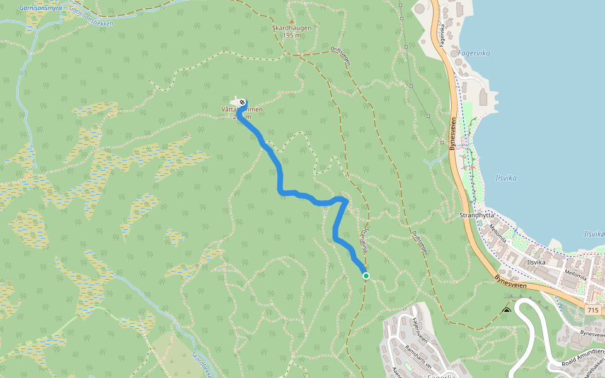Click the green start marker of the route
(366, 275)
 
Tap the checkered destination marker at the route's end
(243, 101)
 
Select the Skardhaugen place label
(291, 28)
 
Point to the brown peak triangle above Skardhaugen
(291, 21)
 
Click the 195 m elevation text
(292, 35)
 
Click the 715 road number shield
(592, 310)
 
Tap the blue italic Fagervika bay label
(474, 54)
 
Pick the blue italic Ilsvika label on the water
(506, 178)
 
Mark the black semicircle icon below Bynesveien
(507, 311)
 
